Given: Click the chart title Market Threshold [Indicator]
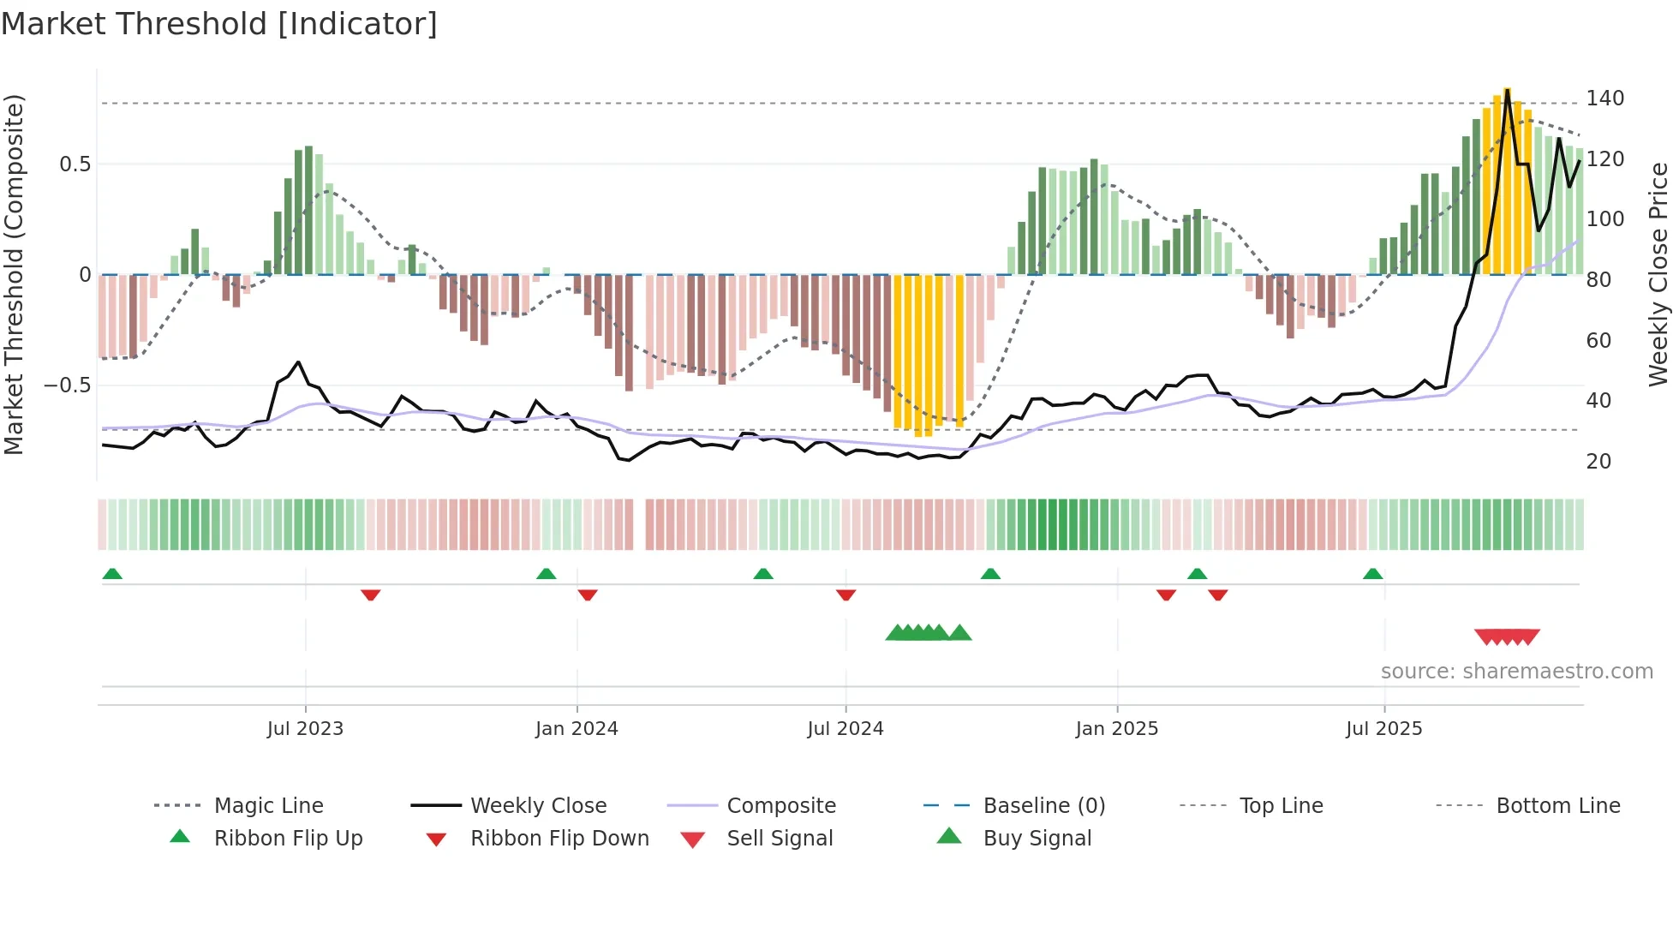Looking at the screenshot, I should (x=219, y=24).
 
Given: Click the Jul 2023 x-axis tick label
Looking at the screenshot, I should (x=305, y=729).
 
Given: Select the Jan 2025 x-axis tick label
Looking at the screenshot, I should (x=1116, y=729).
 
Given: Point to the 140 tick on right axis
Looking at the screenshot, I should (x=1604, y=99).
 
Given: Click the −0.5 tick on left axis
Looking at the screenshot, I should (x=67, y=385).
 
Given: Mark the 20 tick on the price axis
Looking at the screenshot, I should (x=1598, y=462).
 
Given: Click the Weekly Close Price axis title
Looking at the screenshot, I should (x=1659, y=274).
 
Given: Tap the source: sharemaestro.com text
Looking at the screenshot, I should (x=1516, y=672).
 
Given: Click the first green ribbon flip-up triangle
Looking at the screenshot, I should (x=112, y=574).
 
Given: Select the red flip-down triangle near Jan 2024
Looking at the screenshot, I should (x=588, y=594).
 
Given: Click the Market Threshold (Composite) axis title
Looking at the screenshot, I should (x=14, y=274).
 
